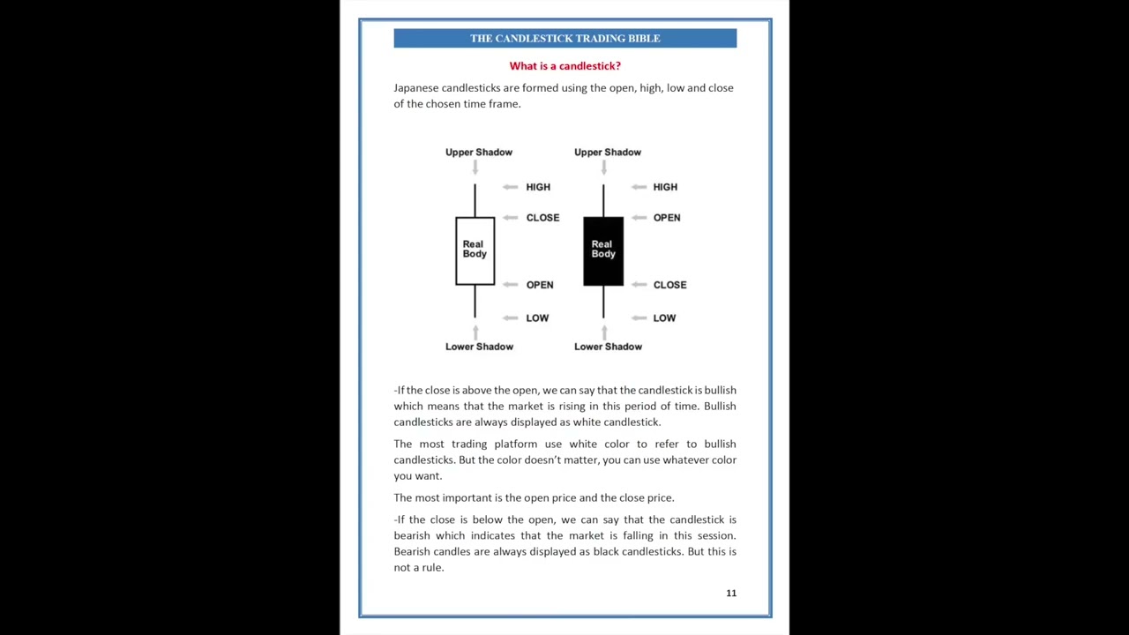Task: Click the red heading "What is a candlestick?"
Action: coord(564,66)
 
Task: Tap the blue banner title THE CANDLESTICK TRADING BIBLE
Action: coord(564,38)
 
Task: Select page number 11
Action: coord(731,593)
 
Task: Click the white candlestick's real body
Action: coord(475,250)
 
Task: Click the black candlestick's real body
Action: coord(603,250)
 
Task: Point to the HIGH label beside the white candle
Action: coord(538,187)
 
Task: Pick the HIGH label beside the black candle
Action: coord(665,187)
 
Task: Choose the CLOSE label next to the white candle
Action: coord(542,218)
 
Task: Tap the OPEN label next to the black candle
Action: coord(667,218)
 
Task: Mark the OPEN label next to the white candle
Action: coord(540,285)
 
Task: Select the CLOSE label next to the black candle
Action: coord(669,285)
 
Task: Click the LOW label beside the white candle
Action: coord(537,318)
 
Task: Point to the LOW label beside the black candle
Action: coord(664,318)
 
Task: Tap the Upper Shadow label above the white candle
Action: coord(478,153)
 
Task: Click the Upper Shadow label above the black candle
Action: coord(607,153)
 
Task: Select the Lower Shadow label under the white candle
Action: coord(479,347)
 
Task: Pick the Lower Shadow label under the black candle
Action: coord(608,347)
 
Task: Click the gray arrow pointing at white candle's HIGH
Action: coord(510,187)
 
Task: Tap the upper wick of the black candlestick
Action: coord(603,200)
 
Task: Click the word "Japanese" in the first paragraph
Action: coord(415,88)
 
